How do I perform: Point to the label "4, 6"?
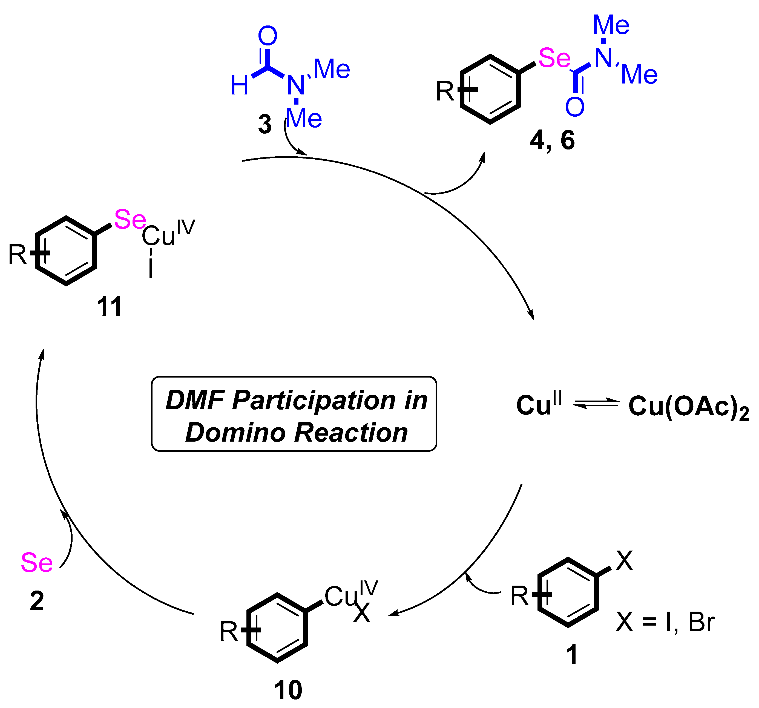[552, 140]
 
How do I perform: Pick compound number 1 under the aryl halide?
[571, 655]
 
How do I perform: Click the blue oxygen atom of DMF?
[267, 36]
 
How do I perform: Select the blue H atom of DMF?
[239, 85]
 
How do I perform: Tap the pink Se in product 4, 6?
[554, 58]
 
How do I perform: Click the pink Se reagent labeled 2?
[37, 563]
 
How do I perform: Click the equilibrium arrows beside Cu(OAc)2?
[596, 404]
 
